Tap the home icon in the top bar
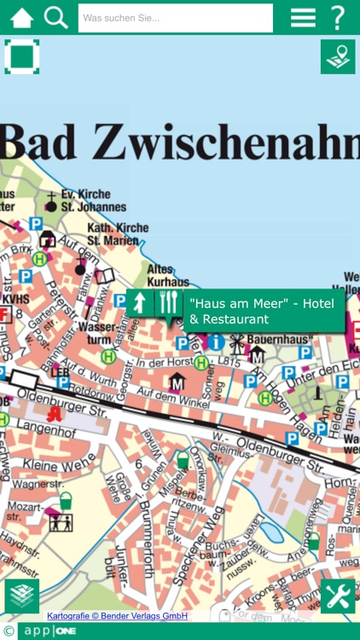(x=21, y=17)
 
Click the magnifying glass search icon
(x=55, y=17)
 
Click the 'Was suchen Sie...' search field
(x=175, y=18)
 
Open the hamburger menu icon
(x=303, y=17)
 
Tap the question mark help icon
(x=339, y=17)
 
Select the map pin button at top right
(x=338, y=56)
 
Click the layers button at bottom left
(x=21, y=596)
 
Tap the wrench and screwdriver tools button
(x=338, y=596)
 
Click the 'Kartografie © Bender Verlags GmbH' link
(x=117, y=616)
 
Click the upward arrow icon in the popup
(x=139, y=302)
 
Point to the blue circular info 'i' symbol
(x=216, y=342)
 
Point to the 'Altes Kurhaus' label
(x=167, y=275)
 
